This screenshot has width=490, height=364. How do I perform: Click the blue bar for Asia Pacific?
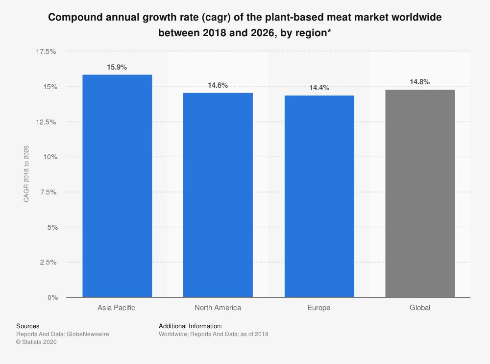[117, 186]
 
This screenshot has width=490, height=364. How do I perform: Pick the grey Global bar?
[420, 194]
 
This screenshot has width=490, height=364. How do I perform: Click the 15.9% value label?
[117, 68]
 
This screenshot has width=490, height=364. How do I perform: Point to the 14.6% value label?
[218, 85]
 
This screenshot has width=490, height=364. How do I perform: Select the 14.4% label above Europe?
[319, 88]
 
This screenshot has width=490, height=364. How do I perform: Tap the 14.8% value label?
[420, 82]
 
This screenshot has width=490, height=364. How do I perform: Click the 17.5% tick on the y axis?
[47, 51]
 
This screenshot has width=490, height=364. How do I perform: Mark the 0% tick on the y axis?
[52, 297]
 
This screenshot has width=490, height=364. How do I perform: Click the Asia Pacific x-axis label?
[117, 308]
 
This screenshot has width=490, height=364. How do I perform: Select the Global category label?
[420, 308]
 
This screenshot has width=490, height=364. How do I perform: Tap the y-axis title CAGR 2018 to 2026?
[26, 174]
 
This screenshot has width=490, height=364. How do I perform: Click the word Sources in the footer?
[28, 326]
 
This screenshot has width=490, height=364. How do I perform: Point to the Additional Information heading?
[191, 326]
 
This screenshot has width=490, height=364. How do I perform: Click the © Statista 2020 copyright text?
[37, 342]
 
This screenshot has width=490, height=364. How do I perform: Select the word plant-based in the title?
[293, 18]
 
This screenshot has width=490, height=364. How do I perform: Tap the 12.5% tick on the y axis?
[47, 122]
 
